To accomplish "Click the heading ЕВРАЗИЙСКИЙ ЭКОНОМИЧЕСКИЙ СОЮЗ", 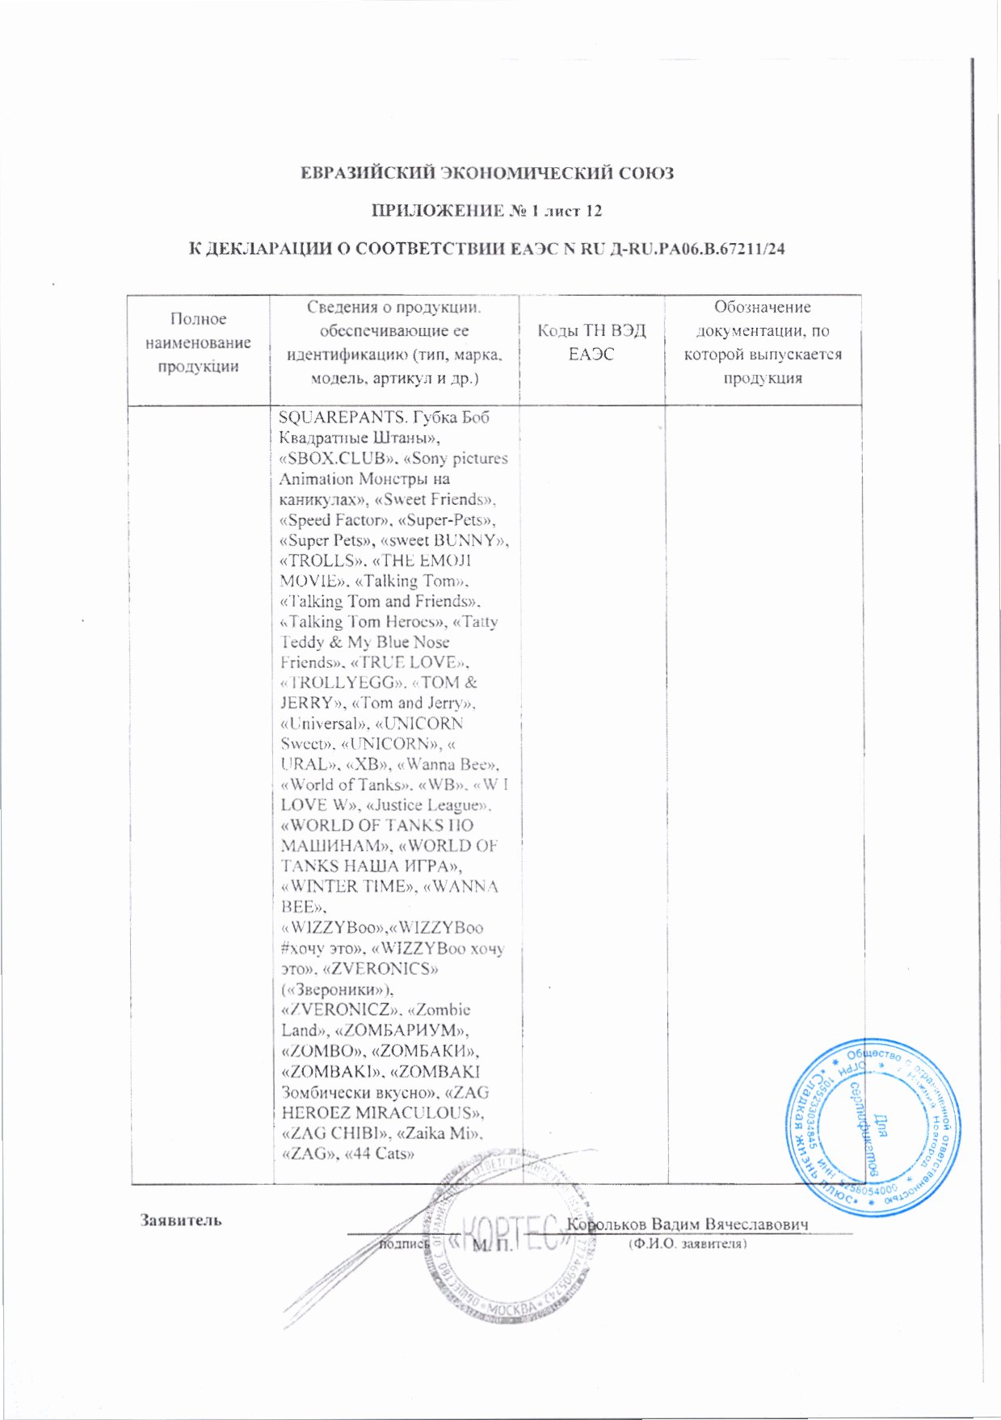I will pyautogui.click(x=486, y=173).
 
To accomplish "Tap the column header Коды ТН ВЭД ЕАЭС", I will pyautogui.click(x=591, y=342).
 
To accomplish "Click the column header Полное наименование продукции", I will pyautogui.click(x=198, y=342).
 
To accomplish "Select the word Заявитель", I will pyautogui.click(x=181, y=1220).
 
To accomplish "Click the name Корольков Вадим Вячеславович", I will pyautogui.click(x=687, y=1225).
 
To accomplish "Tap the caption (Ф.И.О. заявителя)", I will pyautogui.click(x=688, y=1244).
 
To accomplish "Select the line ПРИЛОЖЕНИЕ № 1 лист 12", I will pyautogui.click(x=486, y=211).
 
